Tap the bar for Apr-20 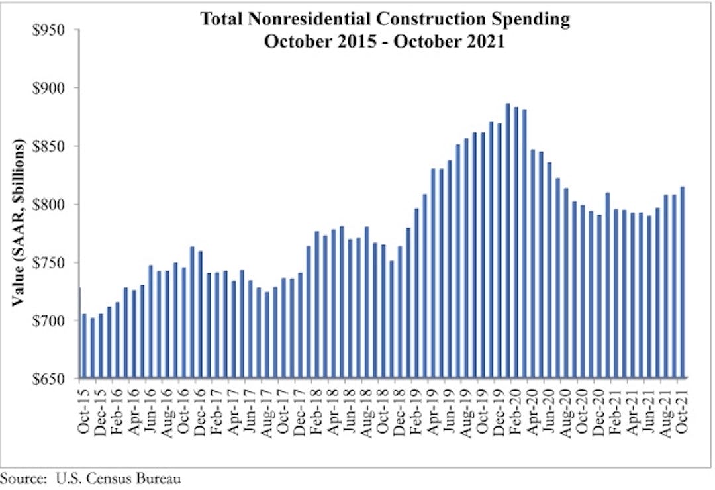532,264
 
